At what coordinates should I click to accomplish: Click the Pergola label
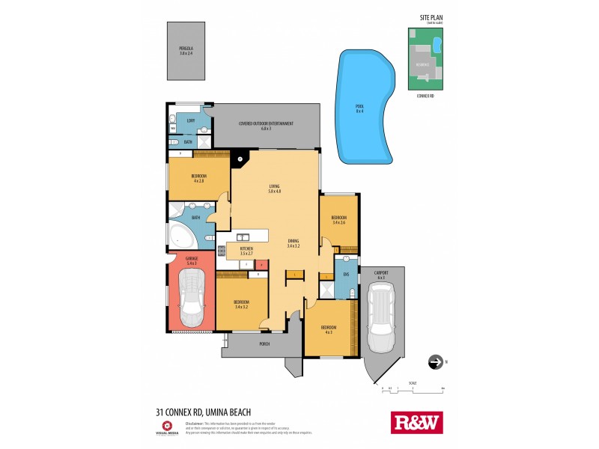pos(186,51)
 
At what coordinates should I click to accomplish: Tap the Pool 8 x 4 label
pos(359,109)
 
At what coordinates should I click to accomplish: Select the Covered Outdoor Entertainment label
pos(266,126)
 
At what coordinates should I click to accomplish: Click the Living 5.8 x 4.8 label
pos(273,189)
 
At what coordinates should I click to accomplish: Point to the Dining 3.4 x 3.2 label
pos(293,243)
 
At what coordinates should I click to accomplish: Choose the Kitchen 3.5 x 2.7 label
pos(246,251)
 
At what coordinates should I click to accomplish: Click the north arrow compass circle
pos(434,362)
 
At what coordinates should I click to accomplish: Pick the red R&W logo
pos(417,423)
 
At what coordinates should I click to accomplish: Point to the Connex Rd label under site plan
pos(425,96)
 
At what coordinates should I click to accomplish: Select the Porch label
pos(264,344)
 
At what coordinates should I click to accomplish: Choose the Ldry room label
pos(191,120)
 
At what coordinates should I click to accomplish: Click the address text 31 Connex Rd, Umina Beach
pos(203,411)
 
